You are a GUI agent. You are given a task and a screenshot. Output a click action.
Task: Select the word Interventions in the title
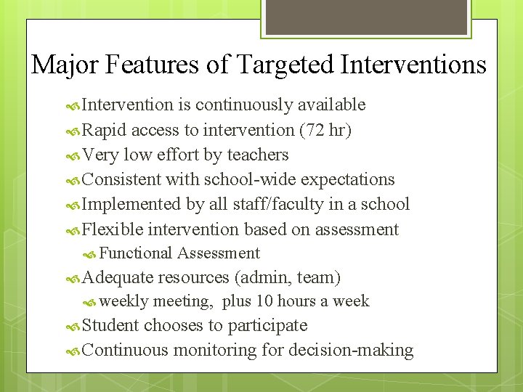tap(413, 65)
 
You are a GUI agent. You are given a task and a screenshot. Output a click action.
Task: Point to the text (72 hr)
tap(325, 131)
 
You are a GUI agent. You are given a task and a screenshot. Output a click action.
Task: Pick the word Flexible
tap(113, 229)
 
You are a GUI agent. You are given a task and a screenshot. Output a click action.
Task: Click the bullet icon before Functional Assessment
tap(90, 254)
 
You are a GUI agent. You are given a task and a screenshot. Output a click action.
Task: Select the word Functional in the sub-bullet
tap(136, 253)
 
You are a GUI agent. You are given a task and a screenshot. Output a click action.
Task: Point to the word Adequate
tap(118, 277)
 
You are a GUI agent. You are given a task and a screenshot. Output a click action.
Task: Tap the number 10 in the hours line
tap(265, 301)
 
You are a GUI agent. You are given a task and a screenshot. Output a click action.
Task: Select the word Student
tap(111, 325)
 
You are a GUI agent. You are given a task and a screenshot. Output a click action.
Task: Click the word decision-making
tap(351, 350)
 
